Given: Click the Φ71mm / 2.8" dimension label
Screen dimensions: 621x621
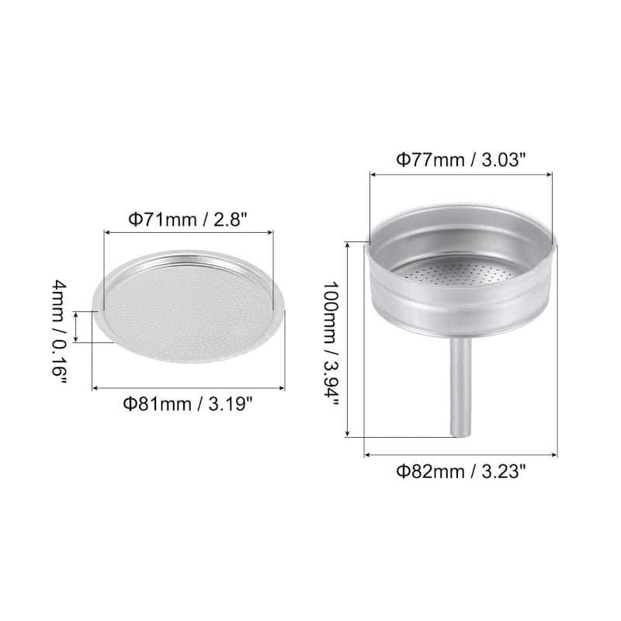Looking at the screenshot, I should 187,219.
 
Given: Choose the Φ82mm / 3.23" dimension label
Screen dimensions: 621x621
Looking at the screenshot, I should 462,470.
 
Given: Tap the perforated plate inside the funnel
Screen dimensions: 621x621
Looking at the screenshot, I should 463,272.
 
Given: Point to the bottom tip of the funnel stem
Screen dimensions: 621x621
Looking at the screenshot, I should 461,435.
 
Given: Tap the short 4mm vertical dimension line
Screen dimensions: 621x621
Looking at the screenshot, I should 76,326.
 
